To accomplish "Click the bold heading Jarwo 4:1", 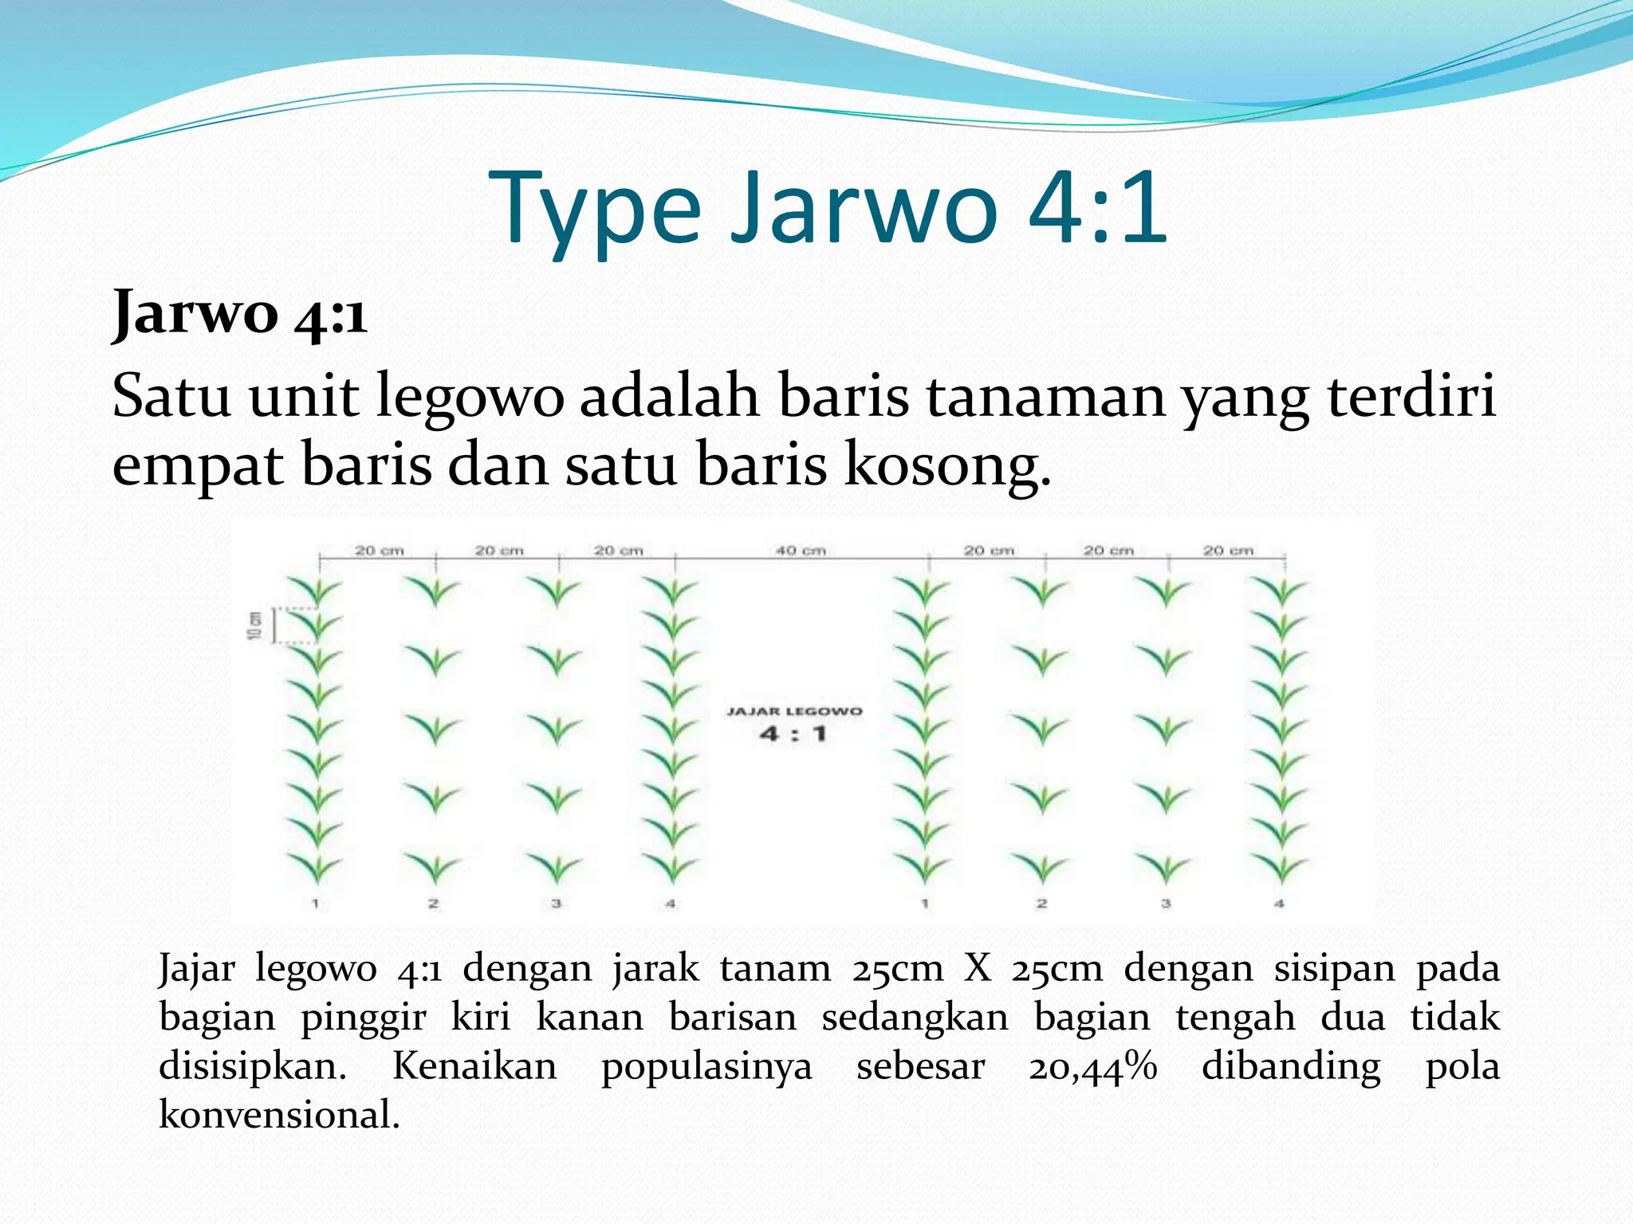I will (x=239, y=313).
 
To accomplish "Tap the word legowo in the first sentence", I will (x=470, y=396).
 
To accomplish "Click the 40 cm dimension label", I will (x=801, y=551).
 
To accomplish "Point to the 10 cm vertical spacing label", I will (x=254, y=625).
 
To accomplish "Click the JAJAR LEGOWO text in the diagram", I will (x=794, y=711).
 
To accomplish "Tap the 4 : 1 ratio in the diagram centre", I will (x=793, y=734).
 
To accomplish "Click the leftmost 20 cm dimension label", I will (x=379, y=551).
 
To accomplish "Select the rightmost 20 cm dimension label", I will (x=1228, y=551).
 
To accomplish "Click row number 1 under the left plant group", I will (x=316, y=904).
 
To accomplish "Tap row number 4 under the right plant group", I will (x=1279, y=904).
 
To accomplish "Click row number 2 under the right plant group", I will (x=1041, y=904).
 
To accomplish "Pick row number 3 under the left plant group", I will (x=557, y=904).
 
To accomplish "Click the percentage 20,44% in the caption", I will (x=1093, y=1065).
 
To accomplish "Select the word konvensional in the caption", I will (x=278, y=1114).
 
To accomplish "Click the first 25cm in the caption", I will (x=897, y=969).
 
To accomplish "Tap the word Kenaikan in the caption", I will (x=474, y=1065).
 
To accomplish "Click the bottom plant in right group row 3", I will (x=1165, y=867).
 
